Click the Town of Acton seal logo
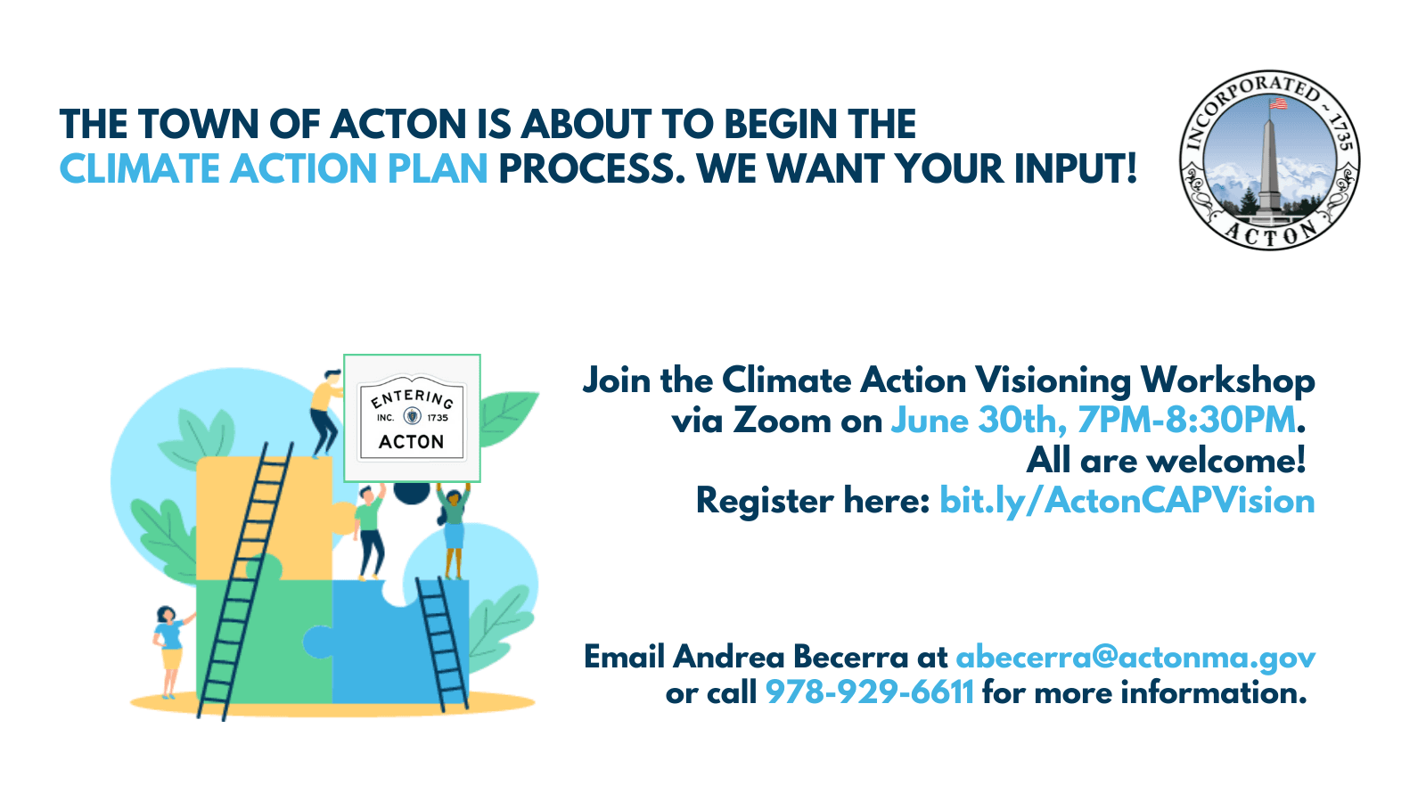click(1270, 160)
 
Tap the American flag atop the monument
click(1277, 102)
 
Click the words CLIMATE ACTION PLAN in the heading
click(274, 168)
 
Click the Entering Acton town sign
click(412, 418)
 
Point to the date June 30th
click(979, 421)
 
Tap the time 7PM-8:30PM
click(1186, 421)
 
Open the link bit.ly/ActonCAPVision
click(1127, 501)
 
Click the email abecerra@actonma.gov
click(1135, 657)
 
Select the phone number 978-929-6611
click(870, 692)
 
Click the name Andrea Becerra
click(791, 657)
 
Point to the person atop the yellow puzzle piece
click(326, 413)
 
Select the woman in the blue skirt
click(453, 529)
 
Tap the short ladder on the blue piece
click(442, 642)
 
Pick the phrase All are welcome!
click(1167, 461)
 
